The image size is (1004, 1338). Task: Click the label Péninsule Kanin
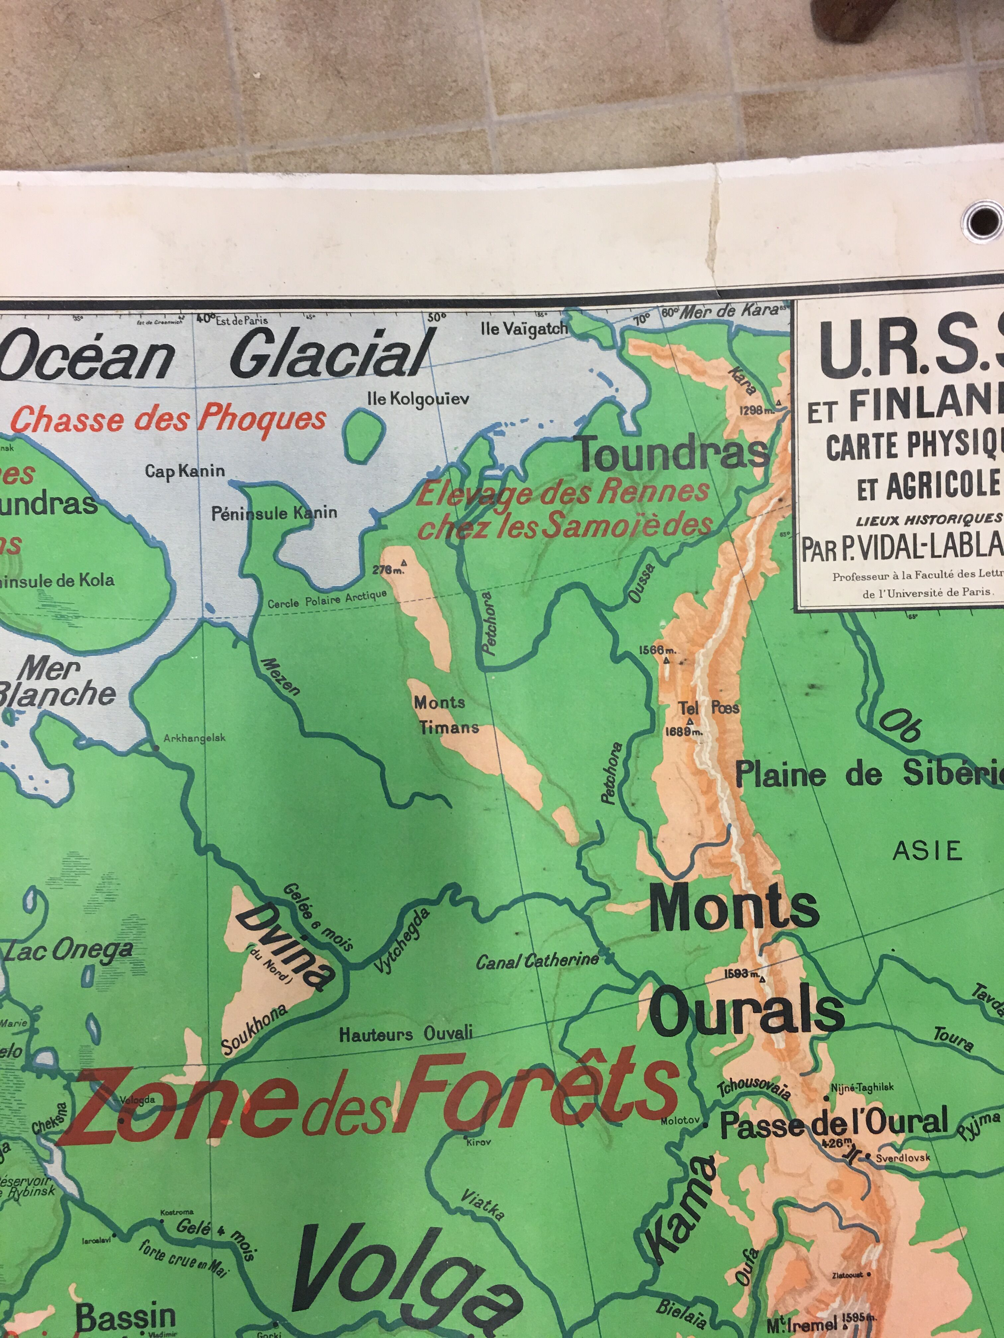tap(274, 514)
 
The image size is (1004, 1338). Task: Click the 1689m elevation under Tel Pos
tap(684, 731)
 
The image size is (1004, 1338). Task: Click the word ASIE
tap(927, 851)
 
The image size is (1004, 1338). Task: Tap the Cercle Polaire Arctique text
tap(327, 599)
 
